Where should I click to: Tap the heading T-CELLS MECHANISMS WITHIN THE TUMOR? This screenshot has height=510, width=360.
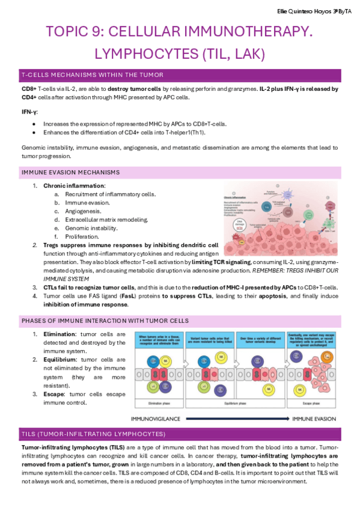pos(92,75)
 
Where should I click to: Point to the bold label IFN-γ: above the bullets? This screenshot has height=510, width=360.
pos(29,112)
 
